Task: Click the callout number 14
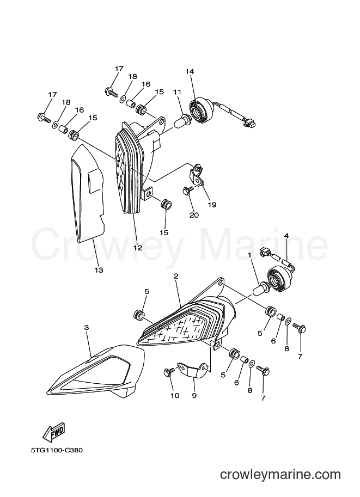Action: [190, 72]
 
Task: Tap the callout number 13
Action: [99, 270]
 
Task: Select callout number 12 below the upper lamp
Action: [138, 248]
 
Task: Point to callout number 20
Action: [194, 215]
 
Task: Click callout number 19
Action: [212, 205]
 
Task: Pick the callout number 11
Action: [178, 92]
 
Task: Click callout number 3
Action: [87, 328]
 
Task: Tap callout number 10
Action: [175, 395]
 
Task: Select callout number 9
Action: [194, 395]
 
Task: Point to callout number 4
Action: [286, 236]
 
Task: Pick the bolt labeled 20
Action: [187, 191]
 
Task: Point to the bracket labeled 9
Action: [193, 371]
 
